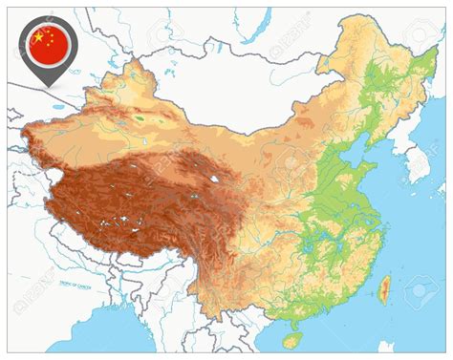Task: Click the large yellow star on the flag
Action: click(39, 37)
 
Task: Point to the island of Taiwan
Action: click(384, 290)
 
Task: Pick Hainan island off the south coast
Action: click(291, 339)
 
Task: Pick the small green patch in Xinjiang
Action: click(140, 118)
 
